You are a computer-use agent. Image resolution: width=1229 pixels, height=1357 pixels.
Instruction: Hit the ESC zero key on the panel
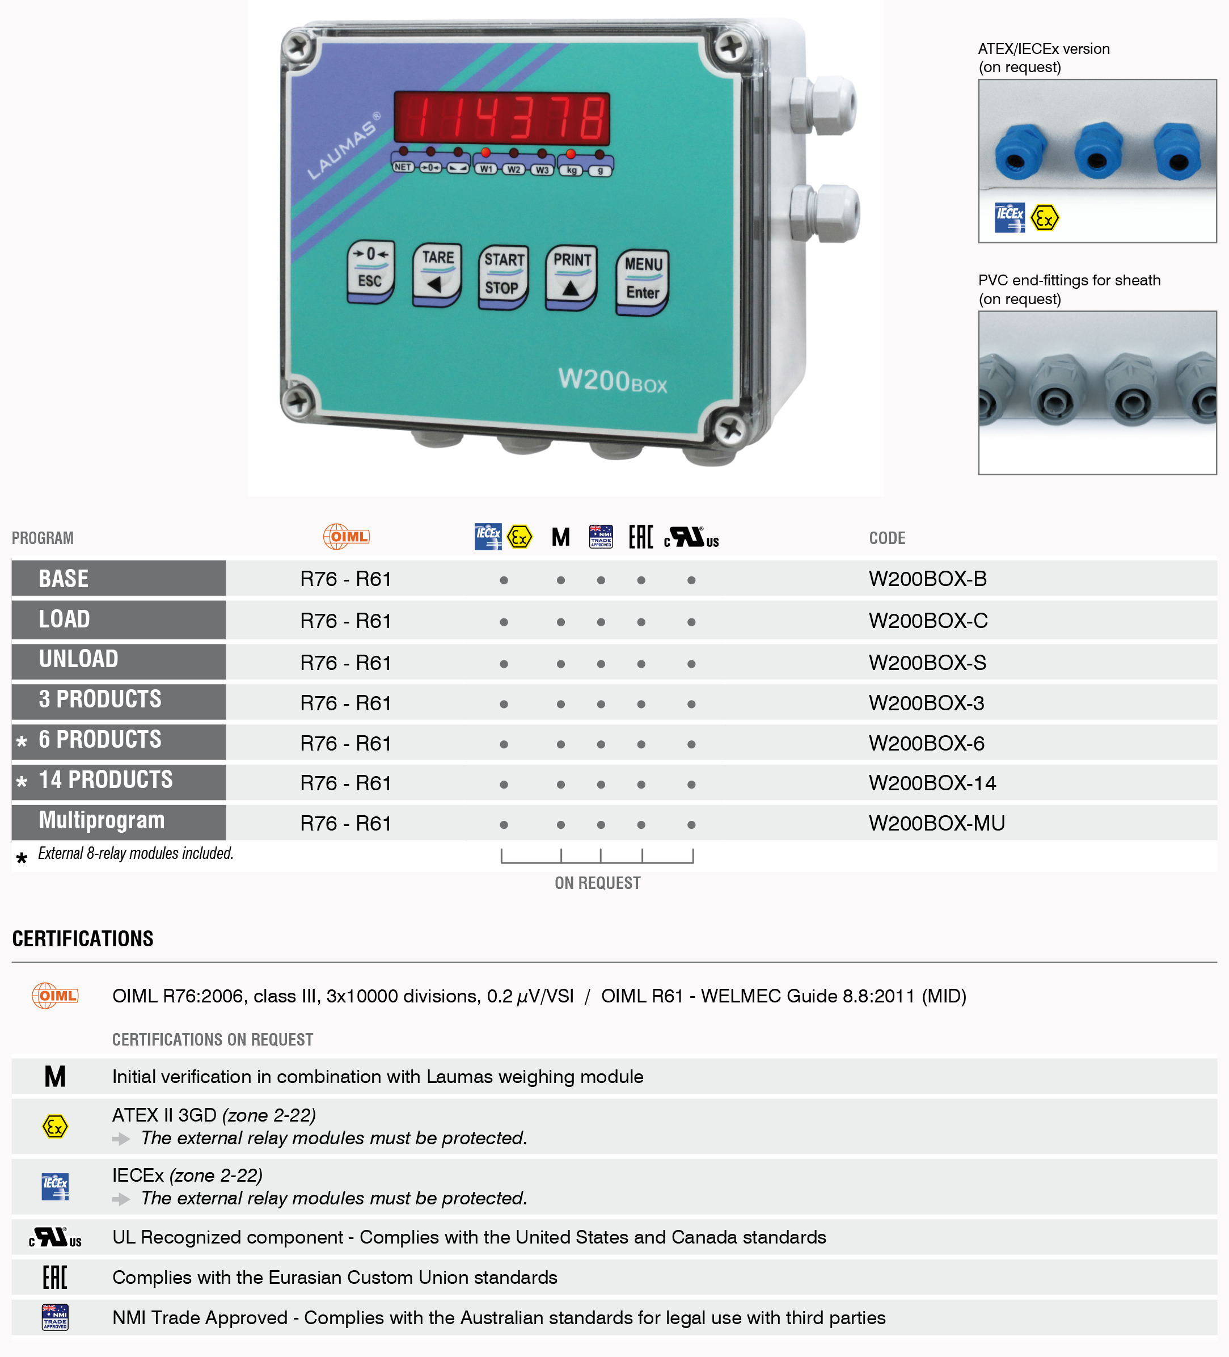coord(370,271)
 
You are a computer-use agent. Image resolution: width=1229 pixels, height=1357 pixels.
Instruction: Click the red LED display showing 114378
coord(501,118)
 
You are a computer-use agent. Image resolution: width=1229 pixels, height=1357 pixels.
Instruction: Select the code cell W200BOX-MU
coord(936,823)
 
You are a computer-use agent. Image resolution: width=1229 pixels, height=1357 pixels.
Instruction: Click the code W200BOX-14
coord(932,783)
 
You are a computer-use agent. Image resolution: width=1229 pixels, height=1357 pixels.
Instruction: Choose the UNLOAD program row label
coord(79,659)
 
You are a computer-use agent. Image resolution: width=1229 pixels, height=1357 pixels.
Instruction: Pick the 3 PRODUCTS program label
coord(100,699)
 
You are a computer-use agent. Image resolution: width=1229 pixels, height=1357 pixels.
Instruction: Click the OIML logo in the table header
coord(346,537)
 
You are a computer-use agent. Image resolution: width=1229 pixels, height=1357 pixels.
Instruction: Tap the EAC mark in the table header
coord(641,537)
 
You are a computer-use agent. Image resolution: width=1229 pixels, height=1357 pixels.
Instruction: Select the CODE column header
coord(887,538)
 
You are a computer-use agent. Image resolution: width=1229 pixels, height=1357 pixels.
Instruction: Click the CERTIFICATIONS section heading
coord(83,938)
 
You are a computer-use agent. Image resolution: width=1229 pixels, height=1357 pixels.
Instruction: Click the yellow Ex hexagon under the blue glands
coord(1044,218)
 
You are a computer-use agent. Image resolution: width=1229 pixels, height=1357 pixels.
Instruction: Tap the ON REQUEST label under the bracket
coord(597,883)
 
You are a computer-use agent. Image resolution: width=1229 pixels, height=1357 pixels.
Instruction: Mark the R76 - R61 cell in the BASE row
coord(345,579)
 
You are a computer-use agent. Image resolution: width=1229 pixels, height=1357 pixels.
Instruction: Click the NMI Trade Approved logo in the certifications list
coord(55,1317)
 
